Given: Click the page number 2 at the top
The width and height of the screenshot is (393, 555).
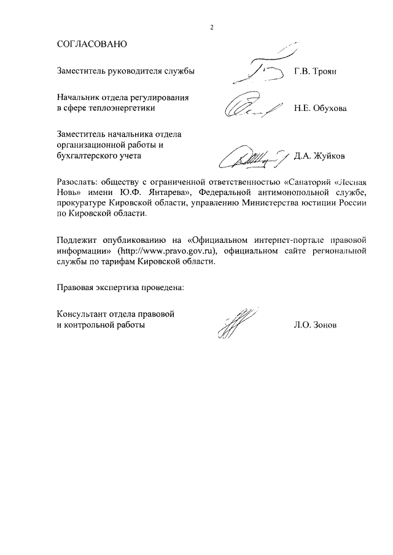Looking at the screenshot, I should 211,28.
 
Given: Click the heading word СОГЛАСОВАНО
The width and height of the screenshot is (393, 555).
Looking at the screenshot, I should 91,45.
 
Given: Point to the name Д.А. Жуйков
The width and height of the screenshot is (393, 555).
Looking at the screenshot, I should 319,156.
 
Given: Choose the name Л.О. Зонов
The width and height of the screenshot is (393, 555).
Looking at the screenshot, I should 316,325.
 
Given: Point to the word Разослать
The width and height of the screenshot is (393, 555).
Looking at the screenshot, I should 76,182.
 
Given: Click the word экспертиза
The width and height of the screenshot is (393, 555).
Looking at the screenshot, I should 119,286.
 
